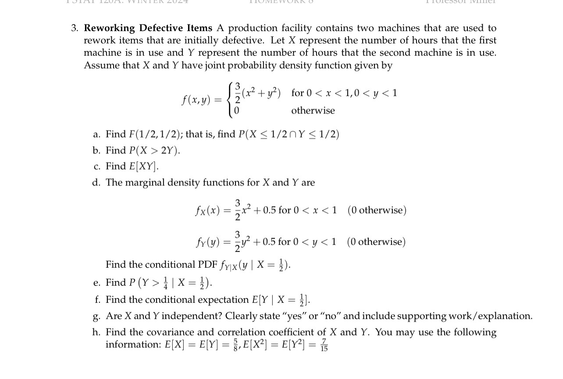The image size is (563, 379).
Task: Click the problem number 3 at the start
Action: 75,28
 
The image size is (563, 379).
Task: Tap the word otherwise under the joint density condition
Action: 313,111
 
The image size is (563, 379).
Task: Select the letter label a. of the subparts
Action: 96,135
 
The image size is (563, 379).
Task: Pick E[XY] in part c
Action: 145,166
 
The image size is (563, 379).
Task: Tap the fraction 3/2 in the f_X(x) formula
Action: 238,210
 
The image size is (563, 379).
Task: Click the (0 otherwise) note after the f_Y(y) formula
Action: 376,242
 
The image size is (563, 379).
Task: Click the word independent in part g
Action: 192,316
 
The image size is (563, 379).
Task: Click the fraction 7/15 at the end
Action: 324,344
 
